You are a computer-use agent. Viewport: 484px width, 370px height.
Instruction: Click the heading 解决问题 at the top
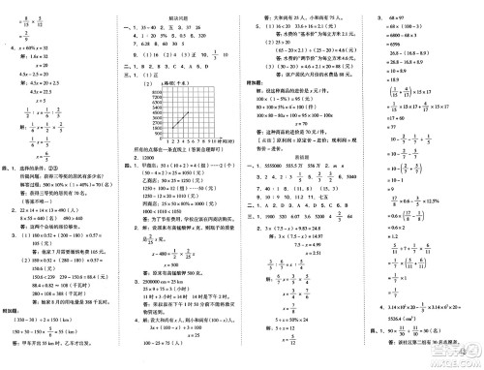(x=177, y=6)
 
